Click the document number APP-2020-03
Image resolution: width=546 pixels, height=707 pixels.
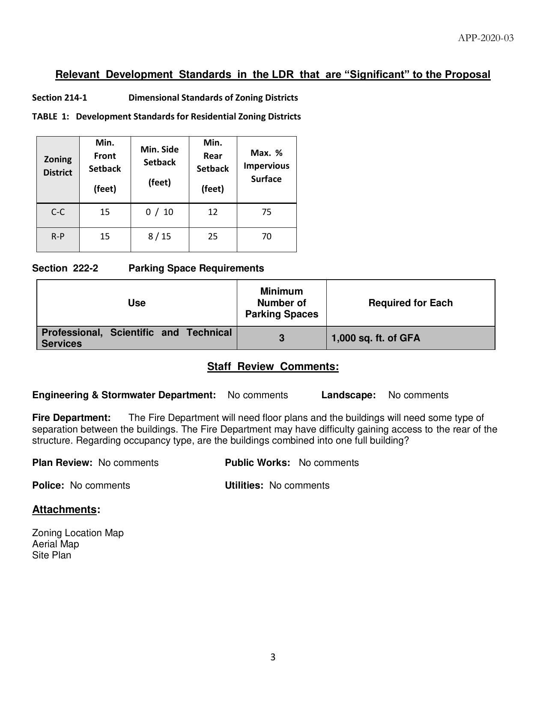tap(486, 38)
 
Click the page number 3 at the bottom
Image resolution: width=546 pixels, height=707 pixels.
tap(273, 657)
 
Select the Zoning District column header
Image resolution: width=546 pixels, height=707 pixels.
tap(58, 166)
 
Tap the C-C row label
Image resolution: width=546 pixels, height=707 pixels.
tap(58, 212)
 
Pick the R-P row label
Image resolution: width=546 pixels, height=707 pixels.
tap(58, 236)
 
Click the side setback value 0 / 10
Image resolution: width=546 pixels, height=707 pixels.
tap(159, 212)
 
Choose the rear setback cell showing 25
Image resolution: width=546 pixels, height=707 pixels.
tap(213, 236)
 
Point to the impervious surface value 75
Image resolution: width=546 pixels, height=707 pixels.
tap(266, 212)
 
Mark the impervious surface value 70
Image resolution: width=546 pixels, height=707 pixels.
tap(266, 236)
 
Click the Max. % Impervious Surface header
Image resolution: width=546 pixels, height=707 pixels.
tap(266, 166)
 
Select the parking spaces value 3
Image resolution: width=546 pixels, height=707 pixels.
tap(282, 338)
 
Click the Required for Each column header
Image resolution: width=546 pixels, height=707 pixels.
tap(410, 303)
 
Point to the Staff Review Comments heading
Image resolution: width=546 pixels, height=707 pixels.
tap(273, 367)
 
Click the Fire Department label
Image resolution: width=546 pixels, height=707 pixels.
tap(72, 418)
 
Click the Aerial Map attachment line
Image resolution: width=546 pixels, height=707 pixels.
tap(56, 544)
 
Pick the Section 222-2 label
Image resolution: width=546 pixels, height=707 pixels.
tap(65, 268)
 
